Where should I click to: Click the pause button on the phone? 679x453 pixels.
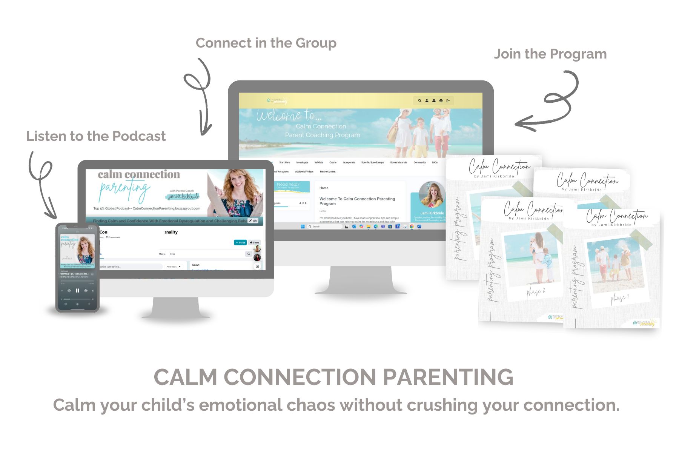(x=77, y=291)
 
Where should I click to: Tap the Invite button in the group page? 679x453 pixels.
(x=240, y=242)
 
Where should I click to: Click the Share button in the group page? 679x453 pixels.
(x=255, y=242)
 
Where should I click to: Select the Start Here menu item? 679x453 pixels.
(x=284, y=162)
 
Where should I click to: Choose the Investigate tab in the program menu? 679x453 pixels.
(x=302, y=162)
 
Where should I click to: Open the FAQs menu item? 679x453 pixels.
(x=435, y=162)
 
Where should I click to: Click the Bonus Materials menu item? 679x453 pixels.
(x=399, y=162)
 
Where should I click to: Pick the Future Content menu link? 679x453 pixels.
(x=327, y=172)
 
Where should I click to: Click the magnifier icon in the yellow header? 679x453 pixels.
(x=419, y=101)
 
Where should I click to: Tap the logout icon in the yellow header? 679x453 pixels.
(x=448, y=101)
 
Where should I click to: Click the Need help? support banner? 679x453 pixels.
(x=289, y=186)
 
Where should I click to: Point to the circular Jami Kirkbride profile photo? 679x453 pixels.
(x=432, y=194)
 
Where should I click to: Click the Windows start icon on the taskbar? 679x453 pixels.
(x=303, y=226)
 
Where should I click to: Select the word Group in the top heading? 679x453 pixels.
(x=316, y=43)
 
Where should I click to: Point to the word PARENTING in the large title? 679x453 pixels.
(x=448, y=377)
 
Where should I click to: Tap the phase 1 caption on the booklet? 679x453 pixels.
(x=620, y=299)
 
